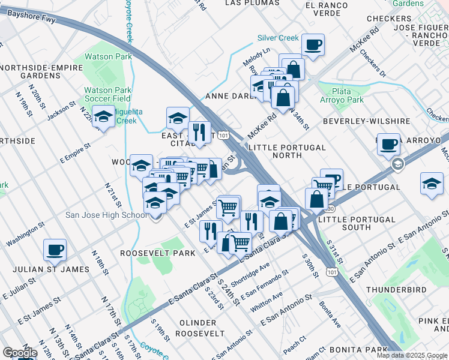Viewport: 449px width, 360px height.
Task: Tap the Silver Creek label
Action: click(x=278, y=38)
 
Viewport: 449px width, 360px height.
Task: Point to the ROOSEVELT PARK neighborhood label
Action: click(x=158, y=253)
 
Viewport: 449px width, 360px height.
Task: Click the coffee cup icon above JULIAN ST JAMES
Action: click(x=55, y=250)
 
